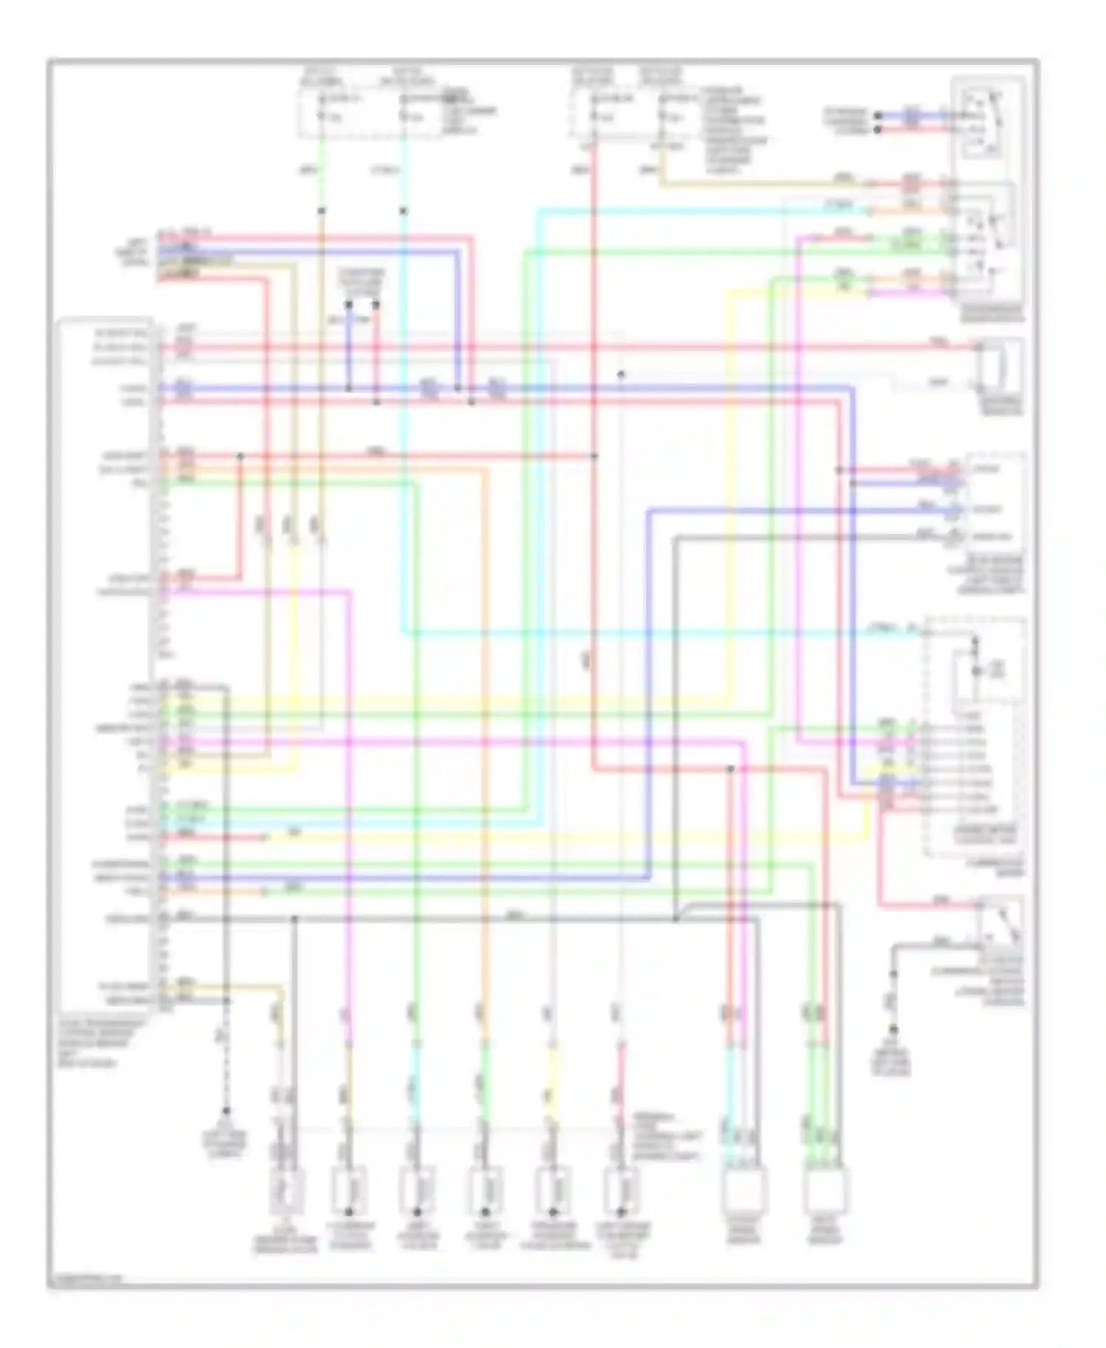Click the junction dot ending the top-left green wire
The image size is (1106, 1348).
pyautogui.click(x=321, y=211)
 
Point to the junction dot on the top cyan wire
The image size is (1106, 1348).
pyautogui.click(x=403, y=211)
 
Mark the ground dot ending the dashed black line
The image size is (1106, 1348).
pyautogui.click(x=226, y=1111)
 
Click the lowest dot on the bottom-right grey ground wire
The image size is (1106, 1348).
pyautogui.click(x=893, y=1029)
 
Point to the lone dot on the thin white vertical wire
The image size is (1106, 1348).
pyautogui.click(x=621, y=374)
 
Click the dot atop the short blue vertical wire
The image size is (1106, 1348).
pyautogui.click(x=349, y=305)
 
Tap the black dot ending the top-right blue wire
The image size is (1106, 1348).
pyautogui.click(x=877, y=116)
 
